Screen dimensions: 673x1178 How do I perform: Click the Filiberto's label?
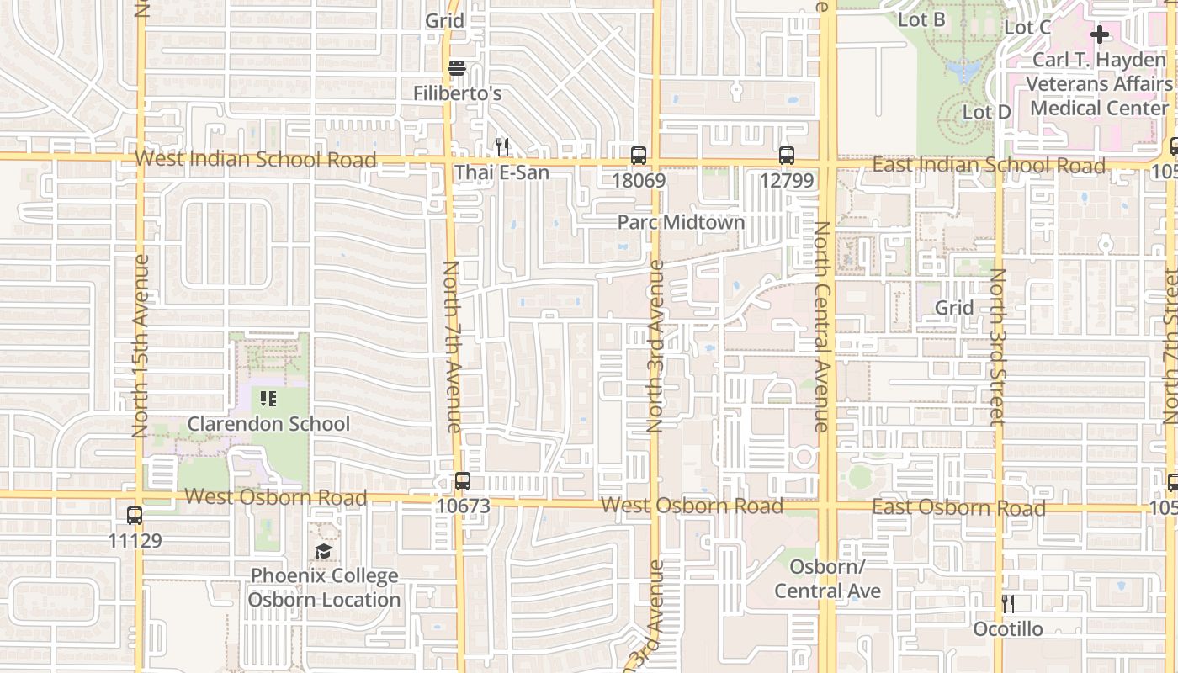(457, 93)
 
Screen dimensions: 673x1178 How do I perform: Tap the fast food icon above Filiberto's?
(457, 68)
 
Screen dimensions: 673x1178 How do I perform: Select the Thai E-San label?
(501, 172)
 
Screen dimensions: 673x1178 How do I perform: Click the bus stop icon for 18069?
(639, 155)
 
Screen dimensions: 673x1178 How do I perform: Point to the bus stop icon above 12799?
(786, 155)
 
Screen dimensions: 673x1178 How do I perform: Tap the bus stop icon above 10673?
(462, 481)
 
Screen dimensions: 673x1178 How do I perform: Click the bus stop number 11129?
(135, 540)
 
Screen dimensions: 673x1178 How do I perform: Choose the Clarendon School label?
(268, 423)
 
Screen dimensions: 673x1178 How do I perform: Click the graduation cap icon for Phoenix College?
(323, 552)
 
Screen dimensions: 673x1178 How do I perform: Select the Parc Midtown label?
(681, 222)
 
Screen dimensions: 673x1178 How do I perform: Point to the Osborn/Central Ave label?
(827, 579)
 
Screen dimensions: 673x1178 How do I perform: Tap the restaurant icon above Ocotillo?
(1007, 603)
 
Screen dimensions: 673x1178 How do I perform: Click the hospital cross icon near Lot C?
(1099, 34)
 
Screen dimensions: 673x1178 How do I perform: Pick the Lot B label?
(921, 19)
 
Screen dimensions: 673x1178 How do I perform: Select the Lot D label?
(986, 112)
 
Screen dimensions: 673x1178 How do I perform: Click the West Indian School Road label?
(255, 159)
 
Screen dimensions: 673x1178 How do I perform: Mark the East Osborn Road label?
(958, 507)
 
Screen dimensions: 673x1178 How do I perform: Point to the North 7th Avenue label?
(452, 347)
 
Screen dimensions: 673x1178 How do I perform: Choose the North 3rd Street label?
(998, 347)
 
